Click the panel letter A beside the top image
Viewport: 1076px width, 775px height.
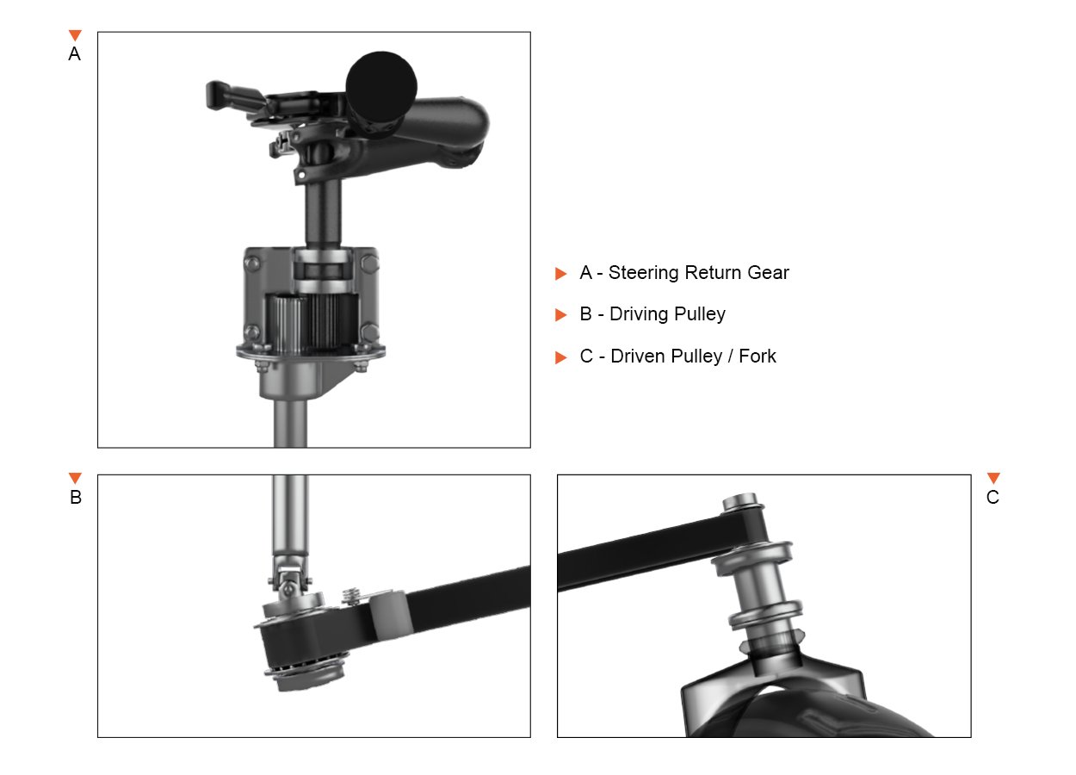click(x=74, y=53)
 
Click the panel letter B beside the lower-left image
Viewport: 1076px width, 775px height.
click(x=76, y=497)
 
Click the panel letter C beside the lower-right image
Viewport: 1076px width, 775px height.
click(x=993, y=497)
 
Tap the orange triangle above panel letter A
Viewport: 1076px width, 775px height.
click(x=75, y=35)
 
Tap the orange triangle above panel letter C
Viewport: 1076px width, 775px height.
click(x=993, y=478)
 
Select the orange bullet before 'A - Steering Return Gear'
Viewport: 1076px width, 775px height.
click(x=560, y=273)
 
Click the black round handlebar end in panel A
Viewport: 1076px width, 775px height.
click(x=381, y=86)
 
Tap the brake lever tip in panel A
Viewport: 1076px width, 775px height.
click(x=213, y=95)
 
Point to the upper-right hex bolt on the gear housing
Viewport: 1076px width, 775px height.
click(x=369, y=263)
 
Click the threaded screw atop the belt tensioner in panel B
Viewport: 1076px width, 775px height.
click(x=351, y=596)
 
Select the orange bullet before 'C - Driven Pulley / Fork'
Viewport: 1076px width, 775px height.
click(x=560, y=357)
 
